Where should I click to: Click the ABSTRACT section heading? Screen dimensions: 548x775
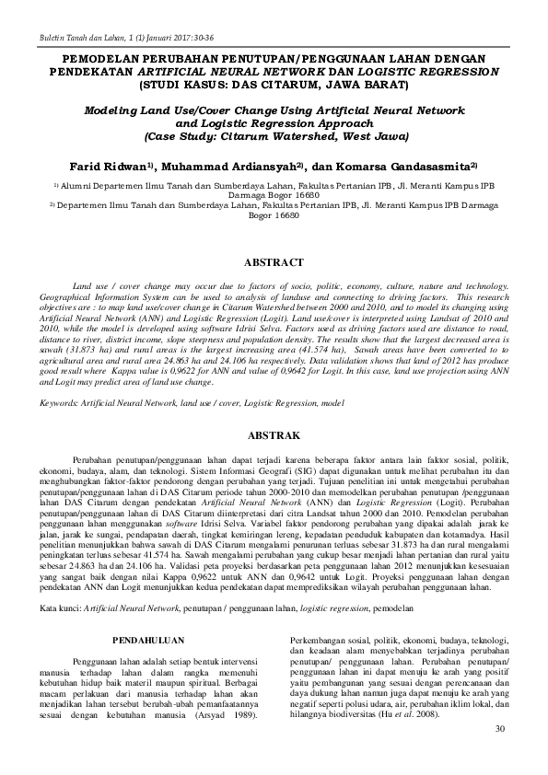click(274, 262)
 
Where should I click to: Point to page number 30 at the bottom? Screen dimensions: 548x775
click(500, 728)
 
